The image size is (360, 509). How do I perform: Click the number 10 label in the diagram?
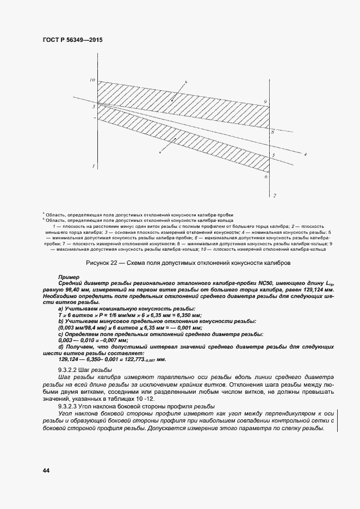point(92,80)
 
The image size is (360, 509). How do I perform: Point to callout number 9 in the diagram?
point(265,102)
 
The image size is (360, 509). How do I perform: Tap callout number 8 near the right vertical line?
point(266,132)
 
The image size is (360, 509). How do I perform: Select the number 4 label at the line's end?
point(306,154)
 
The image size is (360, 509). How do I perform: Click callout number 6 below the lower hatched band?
point(266,177)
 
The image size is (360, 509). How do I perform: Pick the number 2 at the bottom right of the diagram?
point(275,195)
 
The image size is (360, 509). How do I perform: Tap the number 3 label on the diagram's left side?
point(93,107)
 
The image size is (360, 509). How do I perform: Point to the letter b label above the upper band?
point(185,82)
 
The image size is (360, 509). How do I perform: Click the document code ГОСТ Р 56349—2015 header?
point(72,40)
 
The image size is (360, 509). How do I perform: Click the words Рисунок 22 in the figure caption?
point(103,263)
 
